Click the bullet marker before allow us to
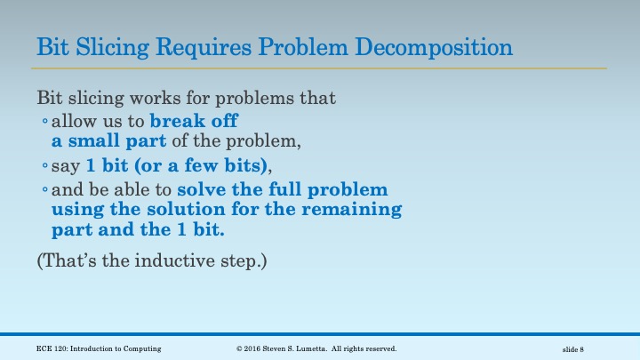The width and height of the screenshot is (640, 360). (x=44, y=122)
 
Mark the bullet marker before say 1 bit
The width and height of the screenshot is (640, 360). (x=44, y=167)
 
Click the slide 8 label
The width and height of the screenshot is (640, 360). (x=572, y=349)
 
